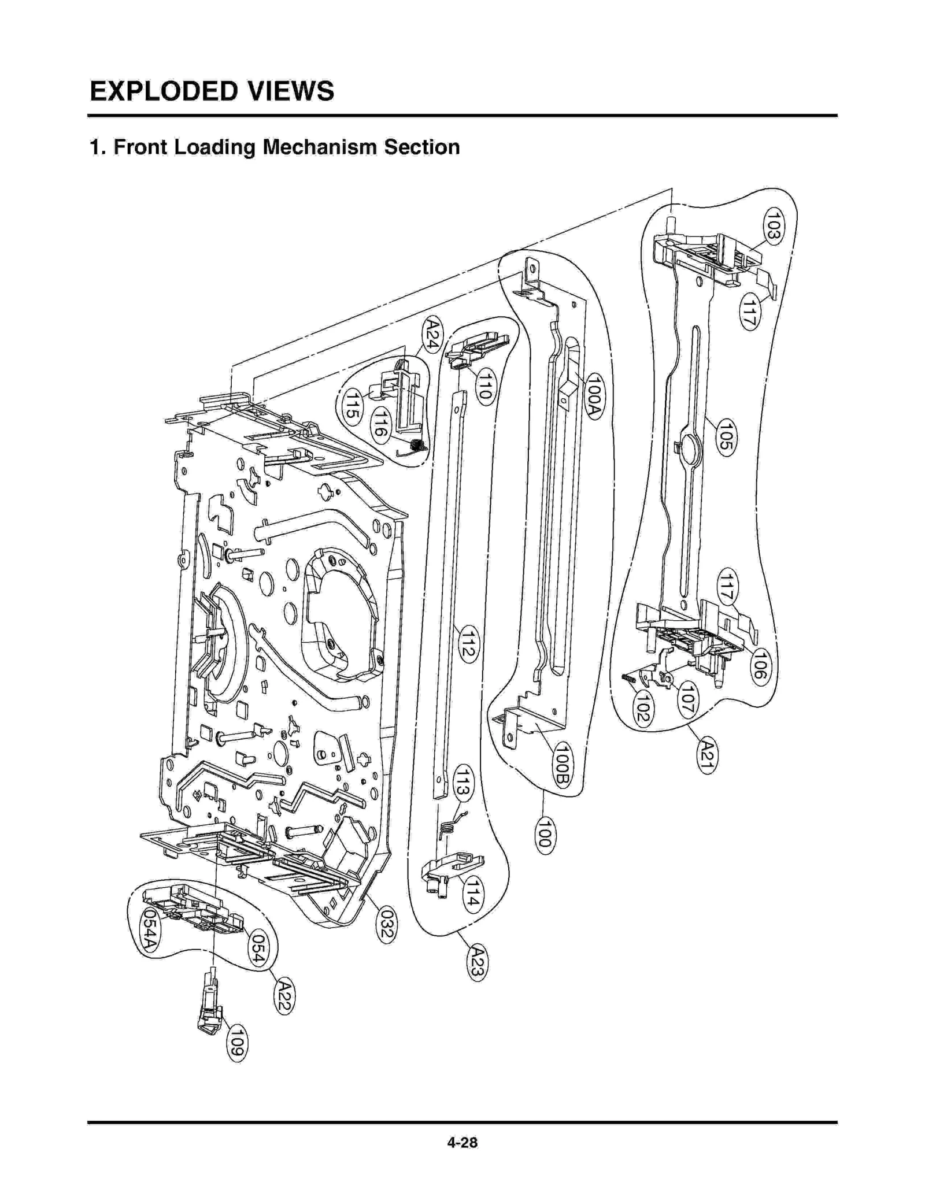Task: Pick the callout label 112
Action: pyautogui.click(x=468, y=644)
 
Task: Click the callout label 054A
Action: pyautogui.click(x=149, y=929)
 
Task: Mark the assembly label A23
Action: pyautogui.click(x=477, y=962)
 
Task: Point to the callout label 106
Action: pyautogui.click(x=759, y=666)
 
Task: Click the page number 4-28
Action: pyautogui.click(x=462, y=1142)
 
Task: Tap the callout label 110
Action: pyautogui.click(x=484, y=386)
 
